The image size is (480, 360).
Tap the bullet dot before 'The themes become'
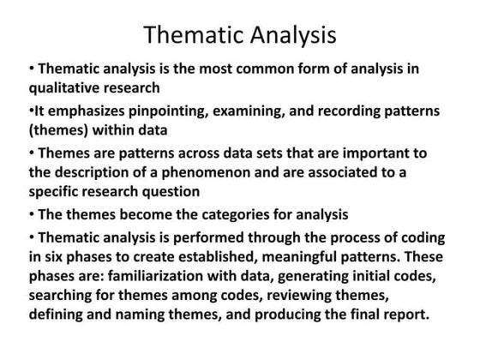click(32, 213)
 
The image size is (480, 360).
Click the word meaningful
click(301, 256)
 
